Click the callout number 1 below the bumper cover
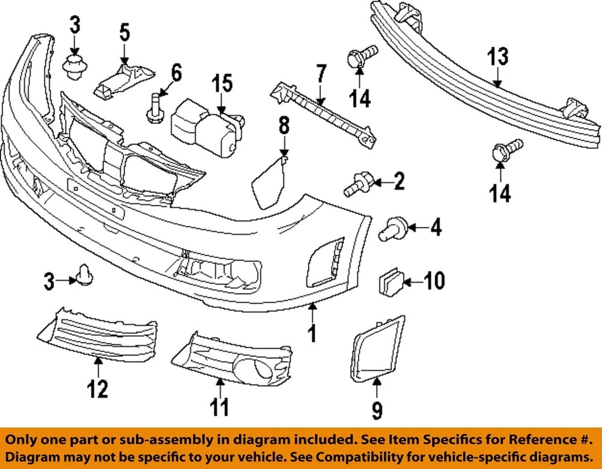pos(311,332)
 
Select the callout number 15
pos(221,83)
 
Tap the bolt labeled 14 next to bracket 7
pos(361,58)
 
